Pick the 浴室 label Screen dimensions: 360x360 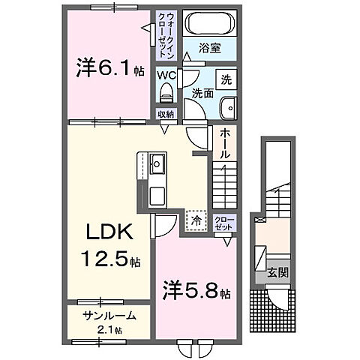pos(210,47)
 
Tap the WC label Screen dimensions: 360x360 pos(166,74)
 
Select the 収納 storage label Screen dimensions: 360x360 pos(166,114)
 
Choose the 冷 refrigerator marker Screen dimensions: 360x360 pos(195,220)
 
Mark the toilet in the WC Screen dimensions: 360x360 pos(166,93)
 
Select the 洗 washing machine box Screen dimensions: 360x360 pos(225,78)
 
